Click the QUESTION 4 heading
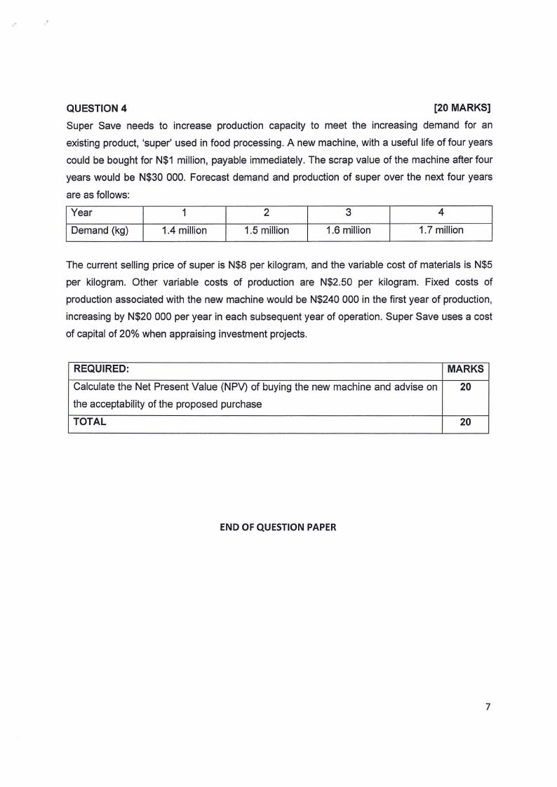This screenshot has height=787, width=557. click(97, 109)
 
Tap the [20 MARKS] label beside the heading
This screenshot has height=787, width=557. click(462, 109)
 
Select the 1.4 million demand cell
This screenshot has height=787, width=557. click(184, 230)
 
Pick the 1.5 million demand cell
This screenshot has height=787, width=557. click(267, 230)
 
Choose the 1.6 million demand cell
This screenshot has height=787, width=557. click(349, 230)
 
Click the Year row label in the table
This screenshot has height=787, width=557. click(83, 213)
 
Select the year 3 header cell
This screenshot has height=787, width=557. click(349, 213)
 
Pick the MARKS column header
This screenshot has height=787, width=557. click(465, 369)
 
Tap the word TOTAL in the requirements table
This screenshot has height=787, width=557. click(90, 422)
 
